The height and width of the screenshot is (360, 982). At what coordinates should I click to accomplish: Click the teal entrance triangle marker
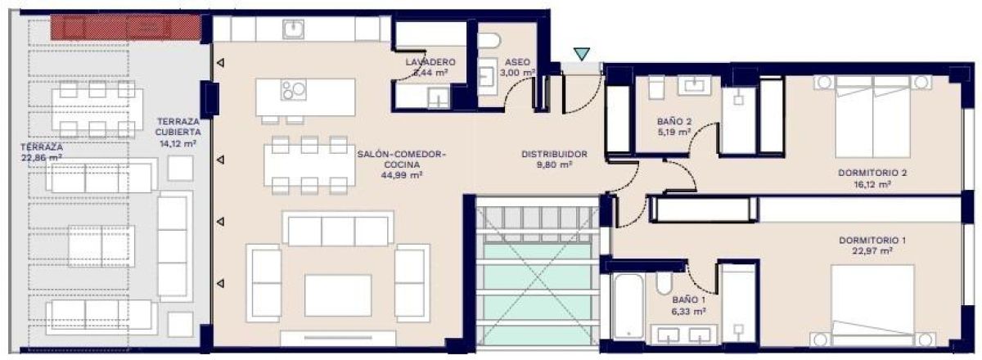point(581,54)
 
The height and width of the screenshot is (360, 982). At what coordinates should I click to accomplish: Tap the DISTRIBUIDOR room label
point(555,153)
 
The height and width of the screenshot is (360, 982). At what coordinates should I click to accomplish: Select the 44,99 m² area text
point(401,174)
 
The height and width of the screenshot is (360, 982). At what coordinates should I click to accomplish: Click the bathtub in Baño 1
point(627,306)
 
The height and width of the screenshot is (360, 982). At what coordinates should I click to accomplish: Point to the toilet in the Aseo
point(489,41)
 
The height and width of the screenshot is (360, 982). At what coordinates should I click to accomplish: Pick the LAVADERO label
point(430,62)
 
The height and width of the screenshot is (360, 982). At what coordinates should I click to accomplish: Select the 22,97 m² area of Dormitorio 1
point(872,251)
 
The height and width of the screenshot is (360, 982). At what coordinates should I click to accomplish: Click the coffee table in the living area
point(337,295)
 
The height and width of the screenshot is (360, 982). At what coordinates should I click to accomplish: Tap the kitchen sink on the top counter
point(294,30)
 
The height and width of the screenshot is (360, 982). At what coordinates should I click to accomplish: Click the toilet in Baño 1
point(664,287)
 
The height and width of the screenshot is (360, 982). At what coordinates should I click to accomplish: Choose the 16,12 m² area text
point(872,184)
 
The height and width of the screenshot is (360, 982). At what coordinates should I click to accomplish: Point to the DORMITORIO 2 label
point(872,173)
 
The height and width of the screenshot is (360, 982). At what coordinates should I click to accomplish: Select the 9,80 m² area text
point(555,164)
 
